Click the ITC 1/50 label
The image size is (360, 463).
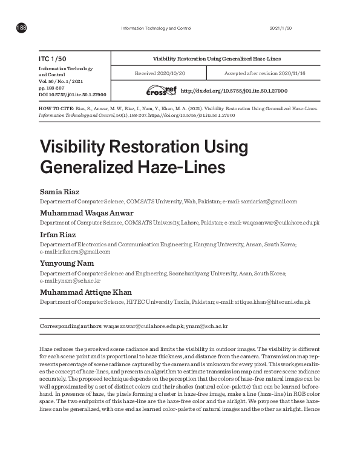(x=52, y=58)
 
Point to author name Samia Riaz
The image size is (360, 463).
(x=59, y=192)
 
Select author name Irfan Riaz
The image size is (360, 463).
(x=59, y=234)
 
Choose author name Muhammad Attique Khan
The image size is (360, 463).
(x=85, y=292)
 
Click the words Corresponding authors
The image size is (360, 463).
(x=70, y=326)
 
